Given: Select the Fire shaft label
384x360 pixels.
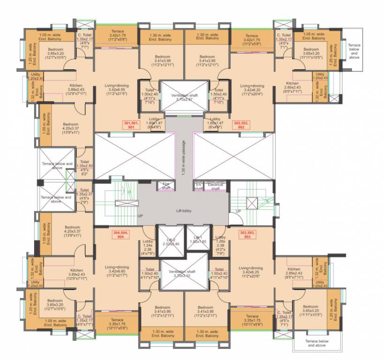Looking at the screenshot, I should point(166,186).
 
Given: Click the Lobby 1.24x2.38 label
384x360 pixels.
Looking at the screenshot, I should point(148,247).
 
